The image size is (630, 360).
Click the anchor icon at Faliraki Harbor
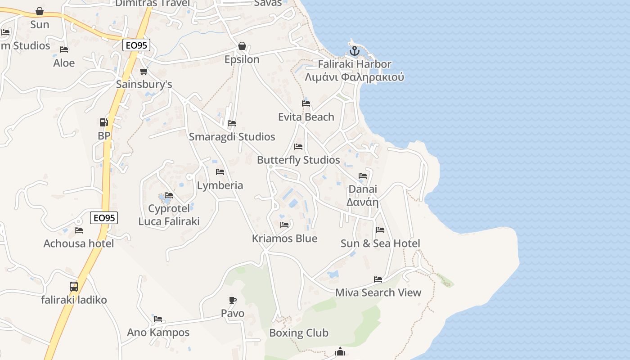(x=355, y=51)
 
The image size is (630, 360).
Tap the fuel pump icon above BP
(x=103, y=122)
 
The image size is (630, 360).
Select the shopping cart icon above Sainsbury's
(x=144, y=71)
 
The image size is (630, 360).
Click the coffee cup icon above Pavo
(x=233, y=300)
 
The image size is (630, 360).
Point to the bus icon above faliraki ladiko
(x=73, y=286)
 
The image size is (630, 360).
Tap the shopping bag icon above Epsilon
(x=242, y=46)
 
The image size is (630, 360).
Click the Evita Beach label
(x=306, y=117)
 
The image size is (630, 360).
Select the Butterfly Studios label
(x=298, y=160)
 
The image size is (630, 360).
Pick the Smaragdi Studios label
(x=232, y=137)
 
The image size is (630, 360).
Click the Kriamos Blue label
(x=284, y=238)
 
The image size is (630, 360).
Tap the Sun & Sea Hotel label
(x=380, y=243)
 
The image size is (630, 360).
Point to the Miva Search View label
(x=378, y=292)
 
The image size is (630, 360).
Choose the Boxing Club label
(x=299, y=333)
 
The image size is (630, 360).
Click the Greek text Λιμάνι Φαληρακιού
(x=354, y=77)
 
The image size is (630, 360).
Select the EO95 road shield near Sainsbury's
(x=136, y=45)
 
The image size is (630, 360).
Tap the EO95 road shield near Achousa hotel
(x=104, y=218)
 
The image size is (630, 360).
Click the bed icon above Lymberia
(x=220, y=172)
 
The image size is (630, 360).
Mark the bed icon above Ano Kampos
(x=158, y=319)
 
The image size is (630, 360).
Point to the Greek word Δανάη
(x=362, y=202)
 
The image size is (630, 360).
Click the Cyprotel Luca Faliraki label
(x=169, y=215)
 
